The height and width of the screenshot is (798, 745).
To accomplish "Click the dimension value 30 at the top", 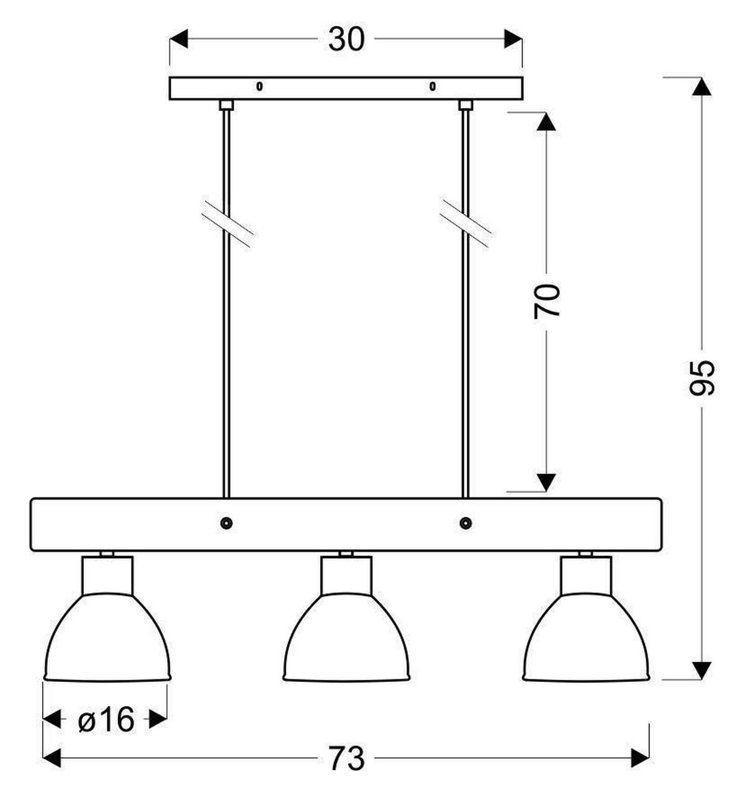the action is (x=346, y=39).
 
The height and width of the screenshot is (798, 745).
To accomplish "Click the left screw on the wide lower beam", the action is (x=227, y=524).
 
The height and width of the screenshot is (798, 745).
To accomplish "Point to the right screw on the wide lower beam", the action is (x=466, y=524).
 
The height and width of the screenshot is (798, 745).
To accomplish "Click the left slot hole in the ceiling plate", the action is (x=260, y=86).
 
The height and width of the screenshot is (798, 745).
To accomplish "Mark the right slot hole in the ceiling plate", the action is (x=432, y=86).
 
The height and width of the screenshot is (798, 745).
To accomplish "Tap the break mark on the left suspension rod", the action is (x=227, y=224).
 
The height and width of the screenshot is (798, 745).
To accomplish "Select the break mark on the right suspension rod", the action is (x=466, y=224).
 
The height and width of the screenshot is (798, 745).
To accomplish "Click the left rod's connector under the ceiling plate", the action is (x=226, y=105).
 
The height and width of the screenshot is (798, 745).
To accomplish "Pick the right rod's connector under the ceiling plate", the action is (x=466, y=105).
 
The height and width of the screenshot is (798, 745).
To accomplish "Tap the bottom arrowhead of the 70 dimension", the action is (x=546, y=483).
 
